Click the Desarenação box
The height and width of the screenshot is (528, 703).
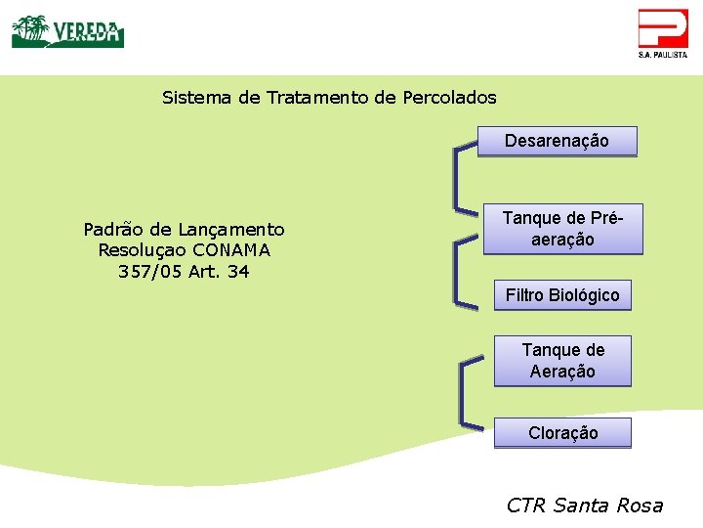557,141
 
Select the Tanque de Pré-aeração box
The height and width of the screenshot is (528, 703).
563,229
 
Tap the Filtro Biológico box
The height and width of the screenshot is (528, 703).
562,295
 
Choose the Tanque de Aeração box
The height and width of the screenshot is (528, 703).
562,361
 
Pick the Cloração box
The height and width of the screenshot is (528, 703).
562,433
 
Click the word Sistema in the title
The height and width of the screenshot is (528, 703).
197,98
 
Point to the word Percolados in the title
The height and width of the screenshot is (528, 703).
449,98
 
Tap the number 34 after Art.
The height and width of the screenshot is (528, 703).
238,272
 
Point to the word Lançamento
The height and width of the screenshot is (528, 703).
231,230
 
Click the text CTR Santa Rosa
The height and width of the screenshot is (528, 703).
585,506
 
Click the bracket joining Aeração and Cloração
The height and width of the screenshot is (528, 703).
462,394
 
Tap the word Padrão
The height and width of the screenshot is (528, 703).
112,230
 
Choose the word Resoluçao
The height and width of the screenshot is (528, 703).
143,250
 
